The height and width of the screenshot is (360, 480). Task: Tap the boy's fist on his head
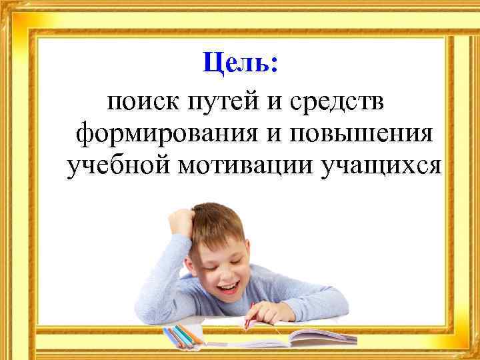coord(184,221)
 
